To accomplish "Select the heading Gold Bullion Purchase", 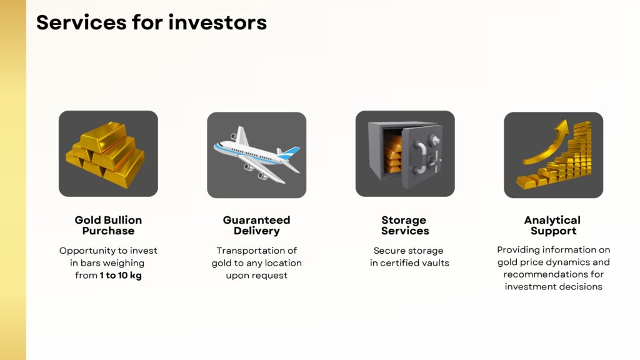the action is [108, 225].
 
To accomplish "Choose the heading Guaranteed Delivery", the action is [257, 225].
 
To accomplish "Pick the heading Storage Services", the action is [405, 225].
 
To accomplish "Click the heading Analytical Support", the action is [552, 225].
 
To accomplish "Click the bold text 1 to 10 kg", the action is [121, 276].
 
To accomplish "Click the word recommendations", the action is [539, 274].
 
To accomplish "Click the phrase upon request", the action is [257, 276].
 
